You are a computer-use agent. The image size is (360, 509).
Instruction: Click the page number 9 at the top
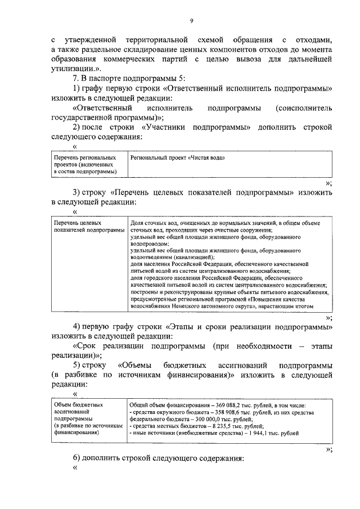pos(191,21)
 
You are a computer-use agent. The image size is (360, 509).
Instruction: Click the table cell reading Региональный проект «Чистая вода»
pos(177,159)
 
